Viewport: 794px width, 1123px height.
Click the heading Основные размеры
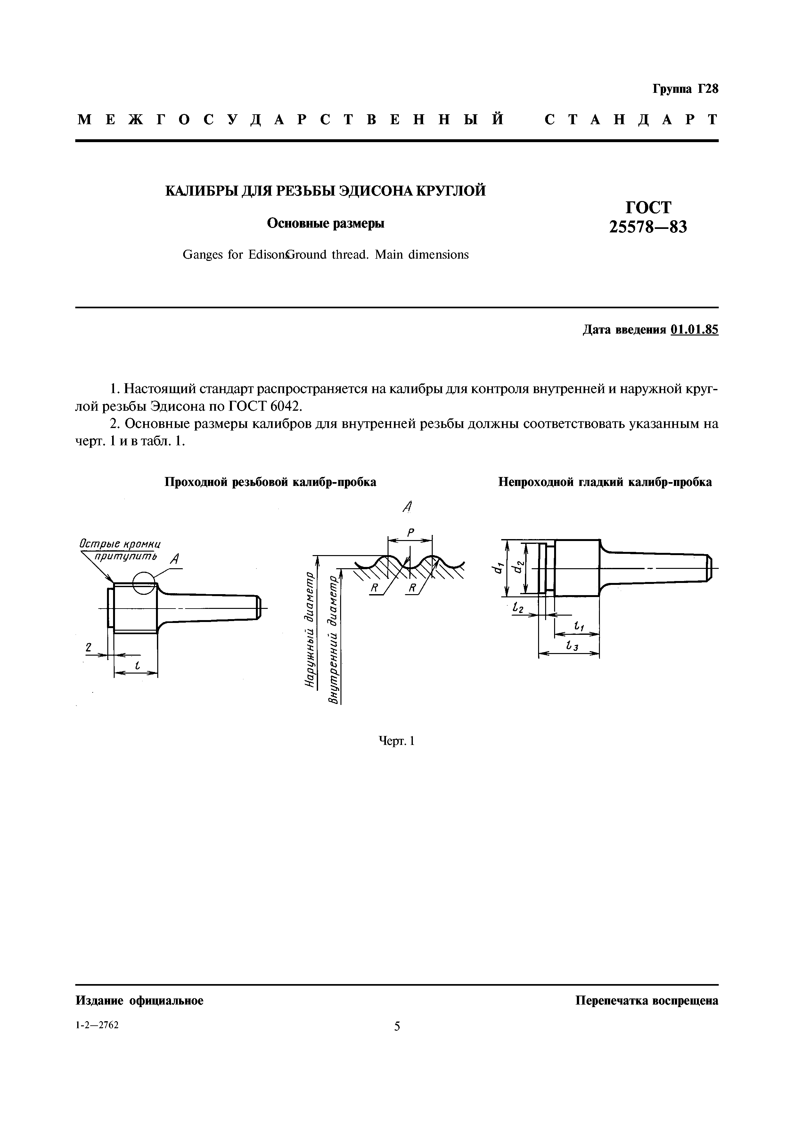click(325, 223)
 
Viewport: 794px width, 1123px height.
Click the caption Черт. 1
click(397, 741)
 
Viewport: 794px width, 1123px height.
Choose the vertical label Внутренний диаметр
click(334, 641)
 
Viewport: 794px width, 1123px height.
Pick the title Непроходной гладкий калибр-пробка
click(605, 482)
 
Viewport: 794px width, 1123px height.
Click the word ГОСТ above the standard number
click(648, 207)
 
